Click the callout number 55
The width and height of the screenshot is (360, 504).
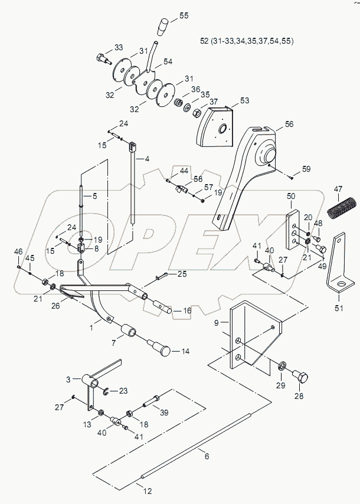(x=184, y=16)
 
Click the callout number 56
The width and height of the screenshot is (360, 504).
(x=289, y=125)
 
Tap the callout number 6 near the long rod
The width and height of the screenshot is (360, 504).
(x=206, y=455)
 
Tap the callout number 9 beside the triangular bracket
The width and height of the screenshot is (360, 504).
(x=216, y=322)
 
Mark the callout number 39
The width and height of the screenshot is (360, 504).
(x=164, y=412)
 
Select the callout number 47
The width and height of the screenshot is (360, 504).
(x=338, y=188)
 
